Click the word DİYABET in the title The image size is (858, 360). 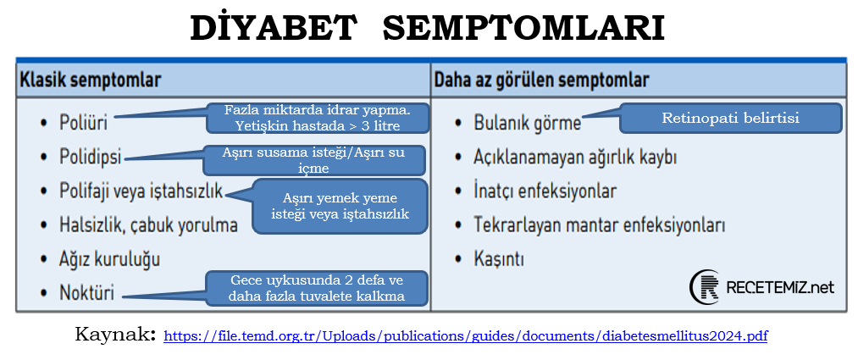[x=274, y=28]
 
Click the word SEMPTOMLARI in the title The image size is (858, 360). [x=523, y=28]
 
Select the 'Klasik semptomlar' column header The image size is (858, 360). [x=91, y=80]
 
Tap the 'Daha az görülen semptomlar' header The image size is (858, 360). [x=541, y=80]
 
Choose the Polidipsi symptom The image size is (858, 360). [x=91, y=157]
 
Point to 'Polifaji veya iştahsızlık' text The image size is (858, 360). [x=141, y=192]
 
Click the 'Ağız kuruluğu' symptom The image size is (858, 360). [x=109, y=258]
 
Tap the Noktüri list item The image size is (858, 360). [x=86, y=295]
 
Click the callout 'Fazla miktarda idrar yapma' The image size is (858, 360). [x=316, y=118]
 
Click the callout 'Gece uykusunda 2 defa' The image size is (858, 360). [x=316, y=288]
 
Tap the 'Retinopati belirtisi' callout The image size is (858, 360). [x=730, y=118]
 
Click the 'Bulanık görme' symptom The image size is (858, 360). [x=527, y=122]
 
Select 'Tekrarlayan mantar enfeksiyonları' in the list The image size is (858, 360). [x=599, y=225]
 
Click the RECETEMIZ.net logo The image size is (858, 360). [x=761, y=287]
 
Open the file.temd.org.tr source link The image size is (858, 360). [x=465, y=335]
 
